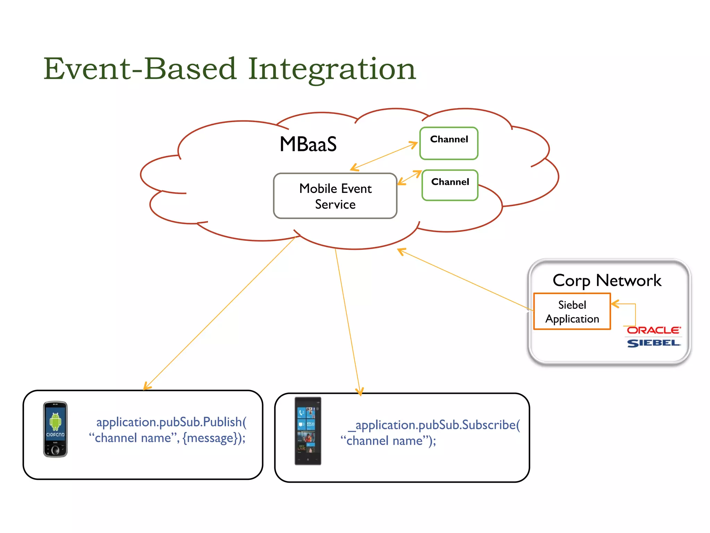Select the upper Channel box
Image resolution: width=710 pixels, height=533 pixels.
[449, 143]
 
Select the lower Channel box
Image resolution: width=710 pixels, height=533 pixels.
[450, 185]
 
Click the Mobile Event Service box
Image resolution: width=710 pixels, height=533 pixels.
[335, 196]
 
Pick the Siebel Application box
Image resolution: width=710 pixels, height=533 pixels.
[572, 311]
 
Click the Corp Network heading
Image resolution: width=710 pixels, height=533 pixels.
[607, 280]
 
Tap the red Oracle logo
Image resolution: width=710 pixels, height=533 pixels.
[653, 330]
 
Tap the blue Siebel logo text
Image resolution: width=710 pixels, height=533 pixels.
[653, 343]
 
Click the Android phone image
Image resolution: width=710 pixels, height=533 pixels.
[55, 429]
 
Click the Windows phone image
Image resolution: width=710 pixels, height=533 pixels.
[308, 431]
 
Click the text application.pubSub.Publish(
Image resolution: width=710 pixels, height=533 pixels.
[171, 422]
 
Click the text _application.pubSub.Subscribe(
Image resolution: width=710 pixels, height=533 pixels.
[434, 425]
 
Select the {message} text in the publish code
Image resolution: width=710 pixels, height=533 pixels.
[210, 438]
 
